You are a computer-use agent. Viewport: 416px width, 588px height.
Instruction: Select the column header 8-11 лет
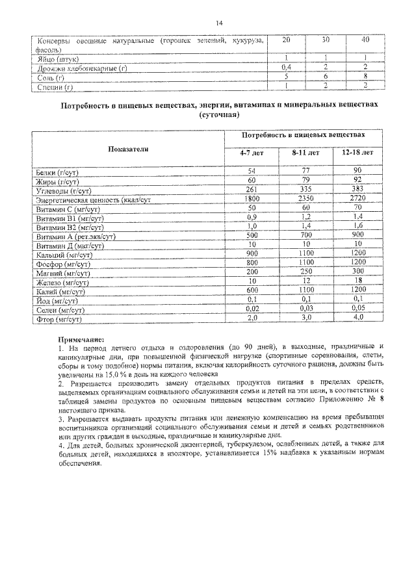tap(305, 153)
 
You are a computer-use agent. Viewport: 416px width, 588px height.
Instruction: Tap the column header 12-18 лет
tap(357, 153)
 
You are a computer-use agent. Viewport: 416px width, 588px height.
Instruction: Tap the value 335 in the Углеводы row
tap(305, 189)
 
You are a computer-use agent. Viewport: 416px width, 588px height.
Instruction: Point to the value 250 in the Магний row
tap(305, 271)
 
